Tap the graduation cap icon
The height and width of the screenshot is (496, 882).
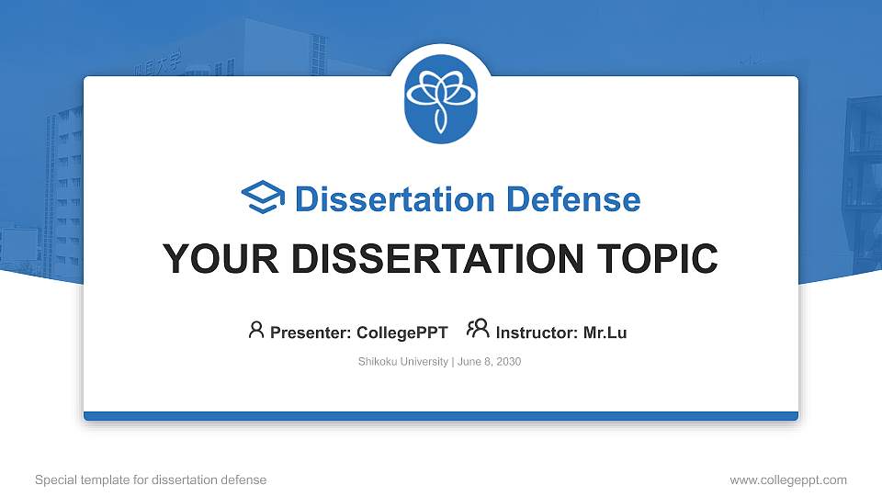coord(263,198)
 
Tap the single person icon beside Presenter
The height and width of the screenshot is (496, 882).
coord(256,330)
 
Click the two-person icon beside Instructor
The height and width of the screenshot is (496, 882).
coord(478,330)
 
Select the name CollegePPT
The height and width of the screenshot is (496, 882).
coord(401,333)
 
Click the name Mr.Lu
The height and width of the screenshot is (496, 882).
coord(605,333)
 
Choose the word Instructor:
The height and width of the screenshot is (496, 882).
coord(537,333)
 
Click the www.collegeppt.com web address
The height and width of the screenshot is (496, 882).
coord(787,479)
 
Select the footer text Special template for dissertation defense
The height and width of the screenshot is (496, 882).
coord(151,479)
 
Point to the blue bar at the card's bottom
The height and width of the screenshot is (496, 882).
coord(441,416)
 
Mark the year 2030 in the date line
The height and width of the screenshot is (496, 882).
coord(508,362)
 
